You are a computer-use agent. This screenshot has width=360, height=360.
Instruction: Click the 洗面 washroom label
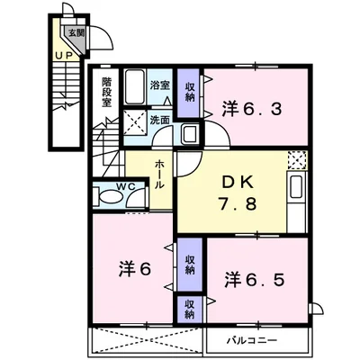pos(159,119)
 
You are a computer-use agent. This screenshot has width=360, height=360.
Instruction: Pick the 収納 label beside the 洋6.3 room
pos(189,91)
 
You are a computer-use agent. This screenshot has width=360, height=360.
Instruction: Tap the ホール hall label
pos(159,172)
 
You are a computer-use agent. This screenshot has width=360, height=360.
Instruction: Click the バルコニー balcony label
pos(268,340)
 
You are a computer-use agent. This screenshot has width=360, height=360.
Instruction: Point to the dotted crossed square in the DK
pos(297,162)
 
